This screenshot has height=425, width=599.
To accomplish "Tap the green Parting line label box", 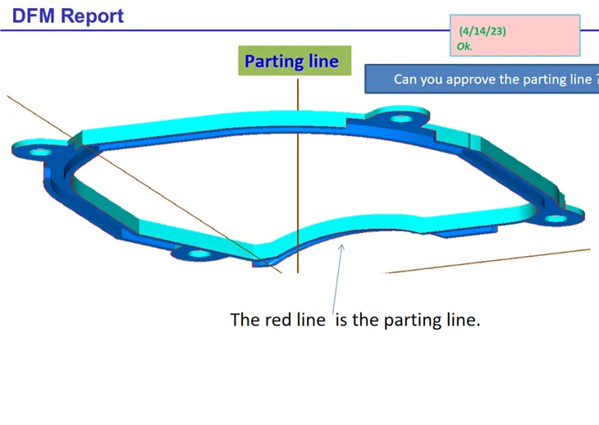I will point(291,62).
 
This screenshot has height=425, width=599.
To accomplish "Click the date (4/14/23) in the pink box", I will point(482,31).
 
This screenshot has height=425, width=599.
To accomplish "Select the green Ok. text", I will point(464,47).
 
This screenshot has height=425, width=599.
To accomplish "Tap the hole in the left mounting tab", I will point(39,152).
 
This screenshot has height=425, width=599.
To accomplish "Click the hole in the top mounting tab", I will point(400,118).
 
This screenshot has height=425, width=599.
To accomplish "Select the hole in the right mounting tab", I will point(556,220).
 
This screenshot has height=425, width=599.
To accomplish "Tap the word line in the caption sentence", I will point(309,320).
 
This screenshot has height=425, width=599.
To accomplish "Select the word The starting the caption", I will point(245,320).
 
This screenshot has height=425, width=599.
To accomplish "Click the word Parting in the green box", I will point(274,62).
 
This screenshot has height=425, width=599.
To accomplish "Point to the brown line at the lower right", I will point(492,260).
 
